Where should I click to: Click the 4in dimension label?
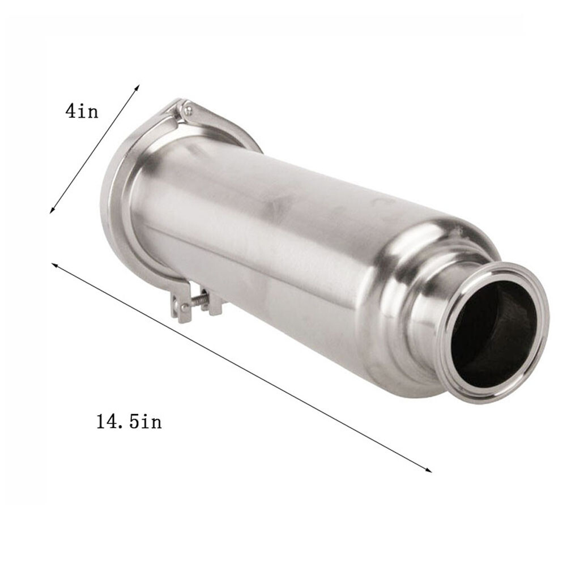tap(82, 110)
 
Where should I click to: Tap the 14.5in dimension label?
tap(129, 422)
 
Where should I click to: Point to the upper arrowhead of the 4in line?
tap(138, 87)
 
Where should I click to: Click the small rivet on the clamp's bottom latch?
tap(182, 309)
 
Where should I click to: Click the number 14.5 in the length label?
tap(116, 422)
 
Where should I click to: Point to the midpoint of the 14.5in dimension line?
tap(242, 368)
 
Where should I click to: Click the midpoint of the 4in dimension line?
tap(95, 149)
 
